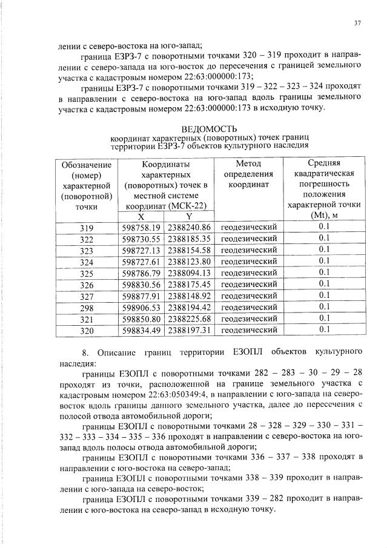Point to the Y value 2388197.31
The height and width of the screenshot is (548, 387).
click(189, 330)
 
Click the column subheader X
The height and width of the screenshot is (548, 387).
click(141, 216)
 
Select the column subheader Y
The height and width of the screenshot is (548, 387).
click(188, 216)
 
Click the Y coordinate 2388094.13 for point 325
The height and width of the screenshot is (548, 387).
click(189, 272)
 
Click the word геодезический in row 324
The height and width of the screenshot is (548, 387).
click(248, 262)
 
